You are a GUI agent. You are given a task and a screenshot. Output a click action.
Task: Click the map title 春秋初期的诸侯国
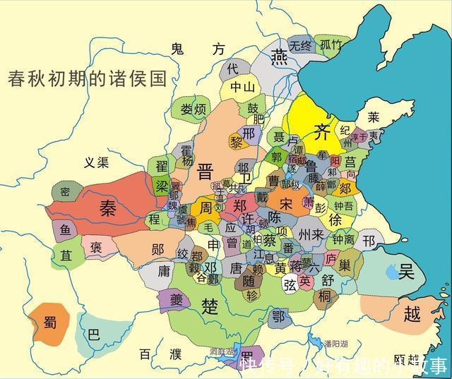pos(87,78)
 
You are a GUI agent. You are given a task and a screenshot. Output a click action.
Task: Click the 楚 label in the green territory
pos(210,306)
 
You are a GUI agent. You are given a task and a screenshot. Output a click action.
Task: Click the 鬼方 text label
pos(197,48)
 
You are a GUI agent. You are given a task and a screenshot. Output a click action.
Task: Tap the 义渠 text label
pos(96,163)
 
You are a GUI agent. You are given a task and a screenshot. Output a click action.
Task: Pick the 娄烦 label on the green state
pos(192,109)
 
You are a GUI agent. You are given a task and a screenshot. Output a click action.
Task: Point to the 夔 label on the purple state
pos(174,299)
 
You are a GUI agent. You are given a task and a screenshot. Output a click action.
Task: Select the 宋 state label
pos(285,203)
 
